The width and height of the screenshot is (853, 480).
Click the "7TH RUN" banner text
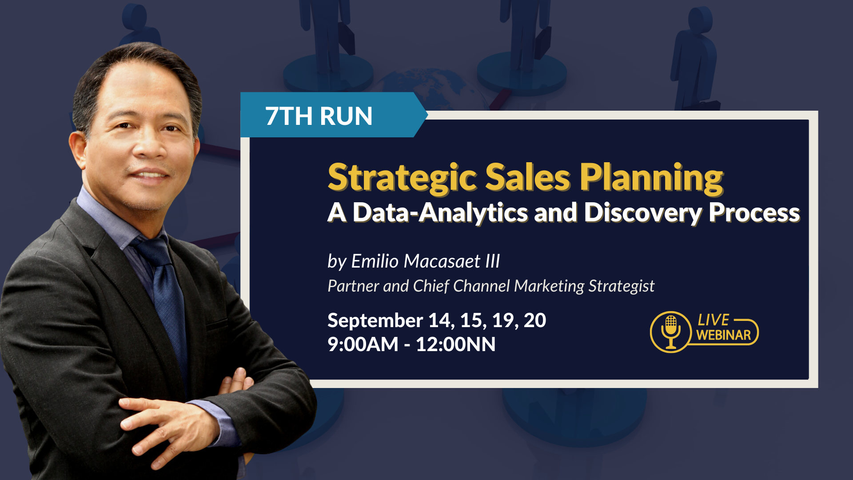(319, 116)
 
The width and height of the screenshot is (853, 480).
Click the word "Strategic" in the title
(402, 178)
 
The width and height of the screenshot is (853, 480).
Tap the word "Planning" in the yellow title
(651, 178)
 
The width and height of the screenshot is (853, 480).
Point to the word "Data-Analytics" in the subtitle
(440, 213)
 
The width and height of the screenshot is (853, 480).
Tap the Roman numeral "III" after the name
(493, 261)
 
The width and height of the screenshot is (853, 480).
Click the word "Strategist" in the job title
(621, 286)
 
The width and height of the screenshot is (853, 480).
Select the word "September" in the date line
(375, 321)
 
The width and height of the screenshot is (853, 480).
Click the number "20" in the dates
(535, 320)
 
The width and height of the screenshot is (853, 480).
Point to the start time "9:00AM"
(363, 344)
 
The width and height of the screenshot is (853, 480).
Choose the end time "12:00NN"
(456, 344)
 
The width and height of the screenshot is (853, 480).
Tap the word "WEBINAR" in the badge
(723, 335)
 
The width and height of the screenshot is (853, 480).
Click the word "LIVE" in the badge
(713, 320)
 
